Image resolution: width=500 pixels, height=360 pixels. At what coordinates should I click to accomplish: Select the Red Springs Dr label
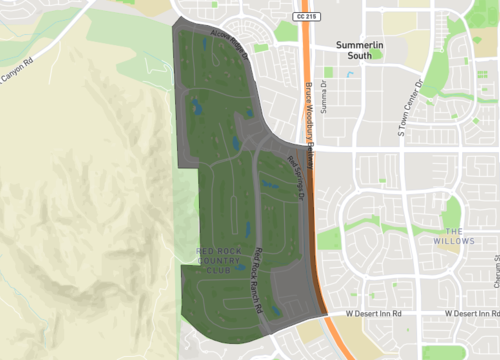297,175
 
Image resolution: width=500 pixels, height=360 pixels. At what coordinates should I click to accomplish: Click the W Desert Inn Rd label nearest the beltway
372,314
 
